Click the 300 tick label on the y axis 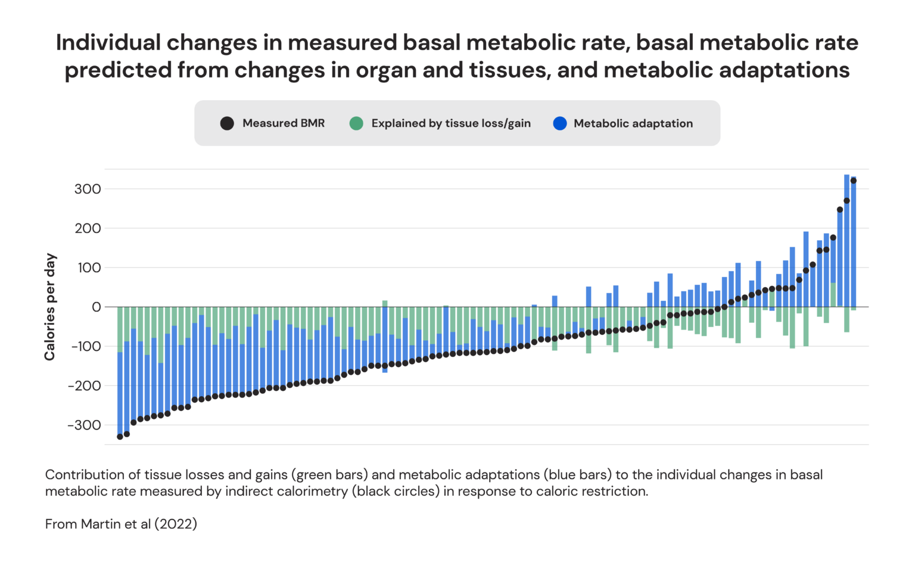pos(88,189)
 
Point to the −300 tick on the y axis pos(84,425)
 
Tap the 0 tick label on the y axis pos(96,307)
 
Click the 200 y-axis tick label pos(88,229)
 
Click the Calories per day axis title pos(50,307)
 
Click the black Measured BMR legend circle pos(227,123)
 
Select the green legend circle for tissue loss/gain pos(356,123)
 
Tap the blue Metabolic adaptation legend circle pos(560,123)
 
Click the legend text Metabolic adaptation pos(633,123)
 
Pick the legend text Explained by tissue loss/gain pos(451,123)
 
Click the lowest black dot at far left pos(120,437)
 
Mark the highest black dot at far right pos(853,181)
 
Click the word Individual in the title pos(108,43)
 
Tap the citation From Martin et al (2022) pos(121,524)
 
